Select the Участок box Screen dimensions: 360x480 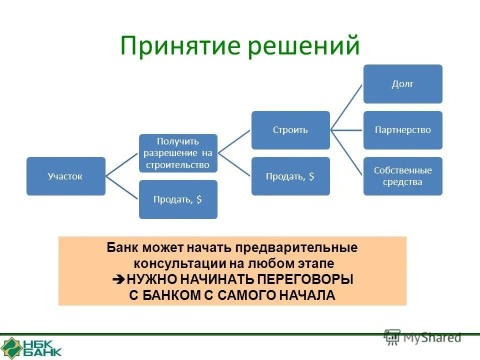(65, 176)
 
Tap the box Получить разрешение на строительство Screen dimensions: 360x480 (178, 153)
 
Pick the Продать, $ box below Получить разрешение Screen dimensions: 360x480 (178, 199)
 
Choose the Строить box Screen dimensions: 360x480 (290, 130)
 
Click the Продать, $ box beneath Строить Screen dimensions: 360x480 (290, 176)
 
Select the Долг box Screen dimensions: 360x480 (402, 84)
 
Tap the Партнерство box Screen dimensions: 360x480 (402, 130)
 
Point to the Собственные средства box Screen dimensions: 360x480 (402, 176)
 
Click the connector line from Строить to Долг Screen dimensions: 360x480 (346, 107)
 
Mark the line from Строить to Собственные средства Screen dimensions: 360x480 (346, 152)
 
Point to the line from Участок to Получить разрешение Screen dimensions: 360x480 (121, 164)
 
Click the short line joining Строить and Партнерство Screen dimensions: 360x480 (346, 130)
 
